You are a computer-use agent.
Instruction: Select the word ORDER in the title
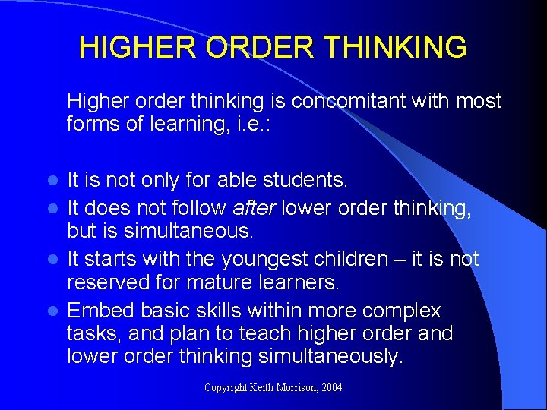(258, 48)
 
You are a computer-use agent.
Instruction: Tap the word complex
(402, 311)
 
